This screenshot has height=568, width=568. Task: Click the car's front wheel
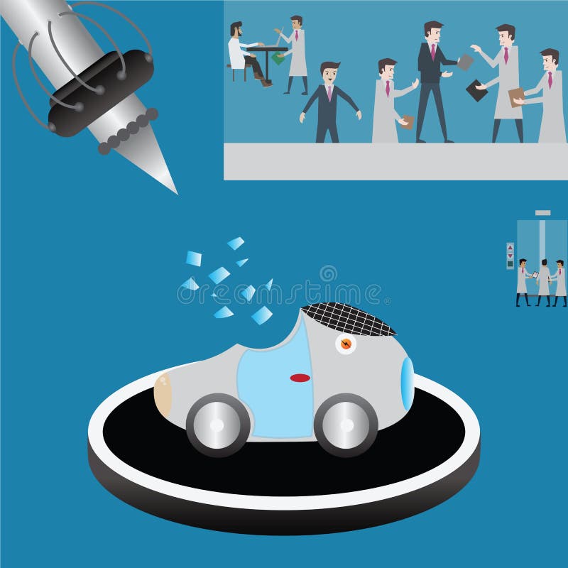point(346,424)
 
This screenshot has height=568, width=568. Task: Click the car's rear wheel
point(218,425)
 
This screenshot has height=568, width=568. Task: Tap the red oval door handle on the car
point(300,378)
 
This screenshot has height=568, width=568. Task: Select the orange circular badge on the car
point(345,344)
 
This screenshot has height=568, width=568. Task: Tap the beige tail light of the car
point(163,393)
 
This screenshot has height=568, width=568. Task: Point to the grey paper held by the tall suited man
point(464,62)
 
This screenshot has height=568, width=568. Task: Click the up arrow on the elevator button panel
point(510,247)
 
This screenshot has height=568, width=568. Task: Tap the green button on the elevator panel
point(510,264)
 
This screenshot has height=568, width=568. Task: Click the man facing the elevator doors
point(545,280)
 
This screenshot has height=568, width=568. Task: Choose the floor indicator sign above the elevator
point(542,212)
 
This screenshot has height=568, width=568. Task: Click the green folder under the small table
point(278,59)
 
